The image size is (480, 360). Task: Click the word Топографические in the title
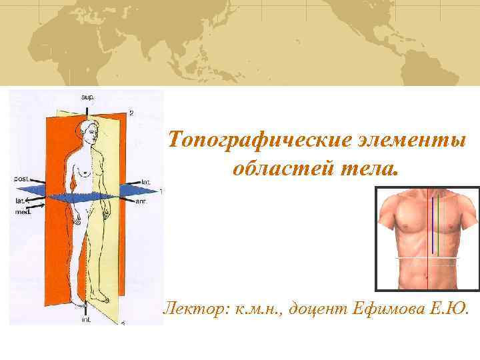[254, 141]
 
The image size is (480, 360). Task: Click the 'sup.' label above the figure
[88, 97]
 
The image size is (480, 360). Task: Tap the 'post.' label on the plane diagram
[21, 179]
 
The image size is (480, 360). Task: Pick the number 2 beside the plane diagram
[131, 113]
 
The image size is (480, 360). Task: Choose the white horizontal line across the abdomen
[427, 257]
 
